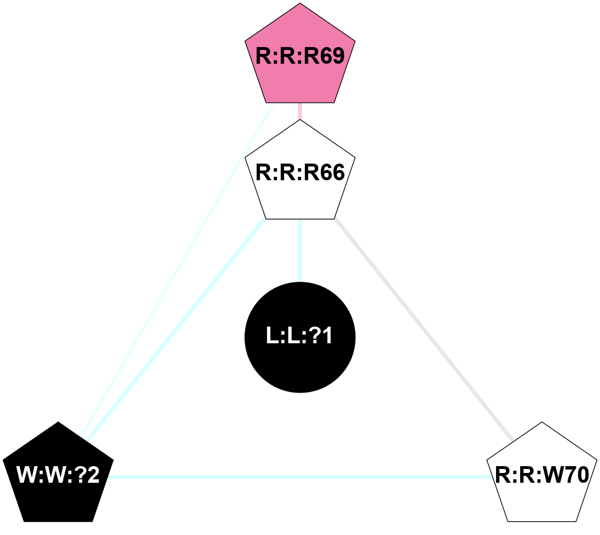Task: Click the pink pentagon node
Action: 300,63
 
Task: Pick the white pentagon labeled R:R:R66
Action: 300,175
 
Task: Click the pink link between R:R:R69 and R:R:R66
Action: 300,111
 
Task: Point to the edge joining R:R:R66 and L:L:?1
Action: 300,250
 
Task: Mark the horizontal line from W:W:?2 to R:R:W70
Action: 299,477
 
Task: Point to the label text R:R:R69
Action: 300,57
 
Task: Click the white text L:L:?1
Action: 300,337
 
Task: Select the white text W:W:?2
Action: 59,475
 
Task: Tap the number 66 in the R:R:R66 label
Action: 331,173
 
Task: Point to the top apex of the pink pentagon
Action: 300,4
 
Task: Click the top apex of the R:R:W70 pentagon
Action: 542,422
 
